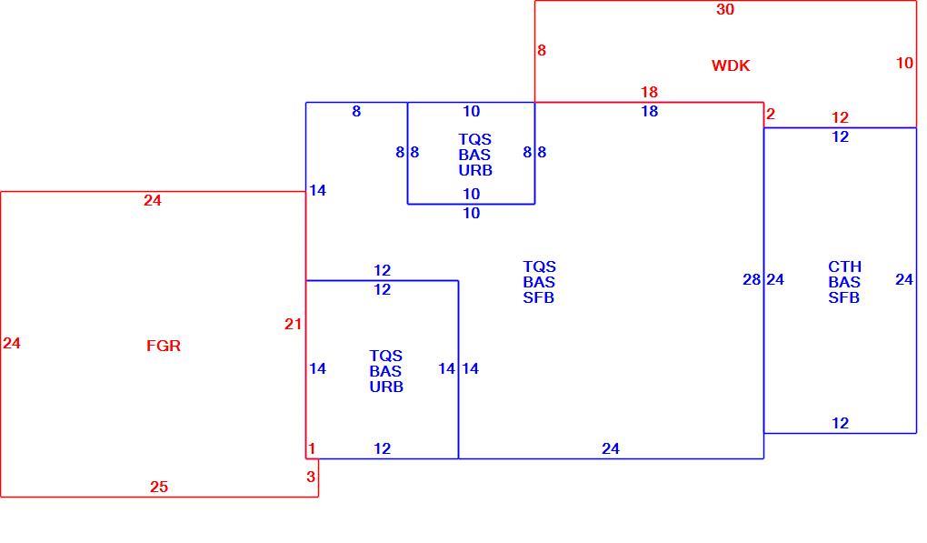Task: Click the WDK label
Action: [x=731, y=65]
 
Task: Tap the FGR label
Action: [x=164, y=346]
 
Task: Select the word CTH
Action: [x=844, y=266]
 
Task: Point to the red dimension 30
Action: [x=725, y=9]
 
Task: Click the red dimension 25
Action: [x=158, y=487]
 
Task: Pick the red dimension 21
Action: [x=293, y=324]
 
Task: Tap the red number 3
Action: [x=311, y=477]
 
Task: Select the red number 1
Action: [x=312, y=449]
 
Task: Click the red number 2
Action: [x=771, y=115]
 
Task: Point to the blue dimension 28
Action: [x=752, y=279]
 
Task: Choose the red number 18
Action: [x=649, y=92]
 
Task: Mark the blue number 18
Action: [x=649, y=111]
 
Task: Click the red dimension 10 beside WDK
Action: [x=904, y=63]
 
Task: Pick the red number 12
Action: [x=840, y=117]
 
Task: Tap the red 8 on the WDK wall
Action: [x=542, y=51]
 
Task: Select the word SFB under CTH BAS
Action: [x=843, y=297]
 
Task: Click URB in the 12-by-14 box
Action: [x=386, y=387]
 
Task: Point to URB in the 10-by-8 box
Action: [x=475, y=170]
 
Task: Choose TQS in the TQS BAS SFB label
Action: [x=539, y=266]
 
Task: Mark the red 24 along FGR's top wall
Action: [x=152, y=200]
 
